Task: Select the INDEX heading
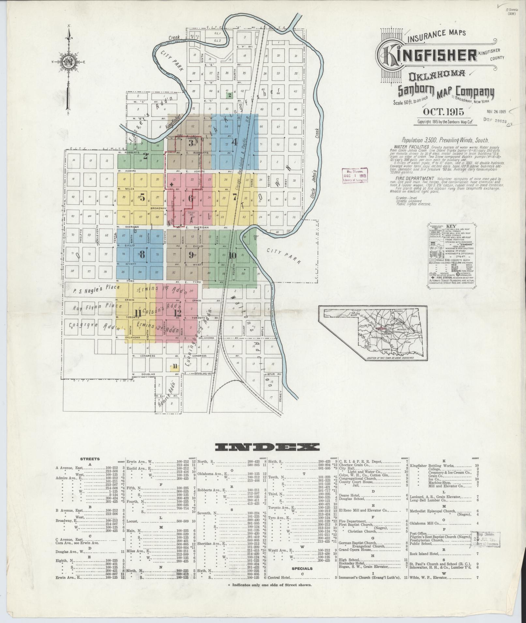click(x=267, y=446)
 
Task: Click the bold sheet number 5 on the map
click(x=142, y=197)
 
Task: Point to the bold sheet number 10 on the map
click(x=232, y=255)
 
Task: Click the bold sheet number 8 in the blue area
click(x=142, y=255)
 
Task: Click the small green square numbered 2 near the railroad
click(x=230, y=95)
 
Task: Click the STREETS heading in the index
click(x=90, y=459)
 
